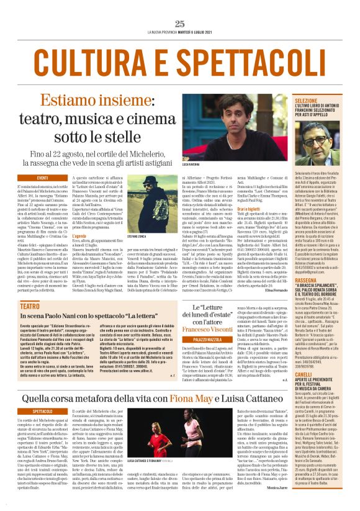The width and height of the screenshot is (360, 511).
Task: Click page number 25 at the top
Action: (x=179, y=24)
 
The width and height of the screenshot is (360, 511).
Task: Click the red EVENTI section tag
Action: (x=42, y=178)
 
